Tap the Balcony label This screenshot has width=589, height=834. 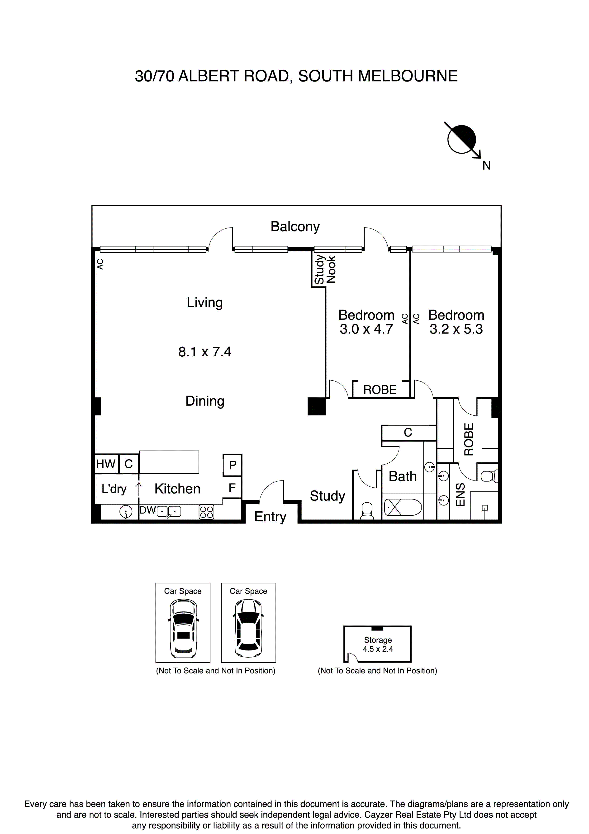[x=295, y=227]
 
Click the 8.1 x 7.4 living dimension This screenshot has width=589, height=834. [x=205, y=352]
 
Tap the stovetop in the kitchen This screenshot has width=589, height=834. [x=206, y=512]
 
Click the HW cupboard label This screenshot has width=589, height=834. [x=106, y=464]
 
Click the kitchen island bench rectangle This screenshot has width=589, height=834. [x=169, y=462]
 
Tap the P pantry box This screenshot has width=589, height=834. [x=233, y=465]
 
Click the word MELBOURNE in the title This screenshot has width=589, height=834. [x=408, y=76]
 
